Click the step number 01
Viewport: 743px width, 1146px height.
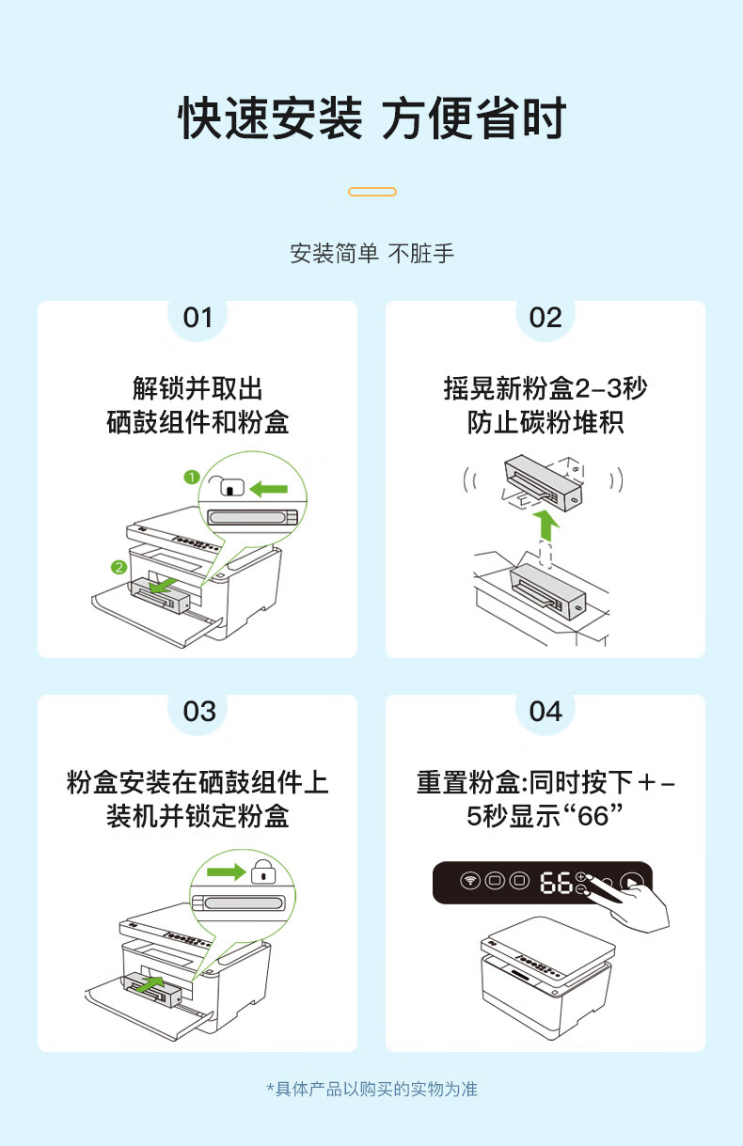pos(198,318)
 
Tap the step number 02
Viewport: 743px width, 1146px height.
pos(545,318)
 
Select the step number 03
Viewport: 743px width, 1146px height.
pos(199,712)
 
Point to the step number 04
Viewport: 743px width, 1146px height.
pos(545,712)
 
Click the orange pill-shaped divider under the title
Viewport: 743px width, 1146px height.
pos(372,192)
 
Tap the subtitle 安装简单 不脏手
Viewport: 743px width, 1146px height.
pos(372,254)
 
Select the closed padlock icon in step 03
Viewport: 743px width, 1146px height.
pos(263,871)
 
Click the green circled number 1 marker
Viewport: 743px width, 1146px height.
pos(191,478)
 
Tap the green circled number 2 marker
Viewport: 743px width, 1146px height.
pos(119,567)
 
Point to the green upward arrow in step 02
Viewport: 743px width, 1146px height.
pos(546,525)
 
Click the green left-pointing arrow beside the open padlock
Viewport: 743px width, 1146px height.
pos(269,489)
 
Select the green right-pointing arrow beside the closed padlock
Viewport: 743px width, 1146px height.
pos(227,871)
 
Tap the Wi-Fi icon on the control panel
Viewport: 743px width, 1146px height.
pos(469,881)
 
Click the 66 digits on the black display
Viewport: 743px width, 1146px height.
pos(556,883)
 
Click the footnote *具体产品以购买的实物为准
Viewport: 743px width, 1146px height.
pos(372,1089)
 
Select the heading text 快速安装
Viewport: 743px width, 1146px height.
pos(270,118)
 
